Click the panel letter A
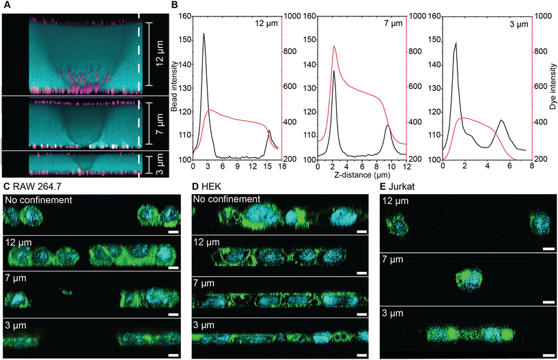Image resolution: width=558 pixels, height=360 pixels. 5,5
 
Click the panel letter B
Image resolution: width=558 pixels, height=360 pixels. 174,5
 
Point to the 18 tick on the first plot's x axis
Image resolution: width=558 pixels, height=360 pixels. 281,166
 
